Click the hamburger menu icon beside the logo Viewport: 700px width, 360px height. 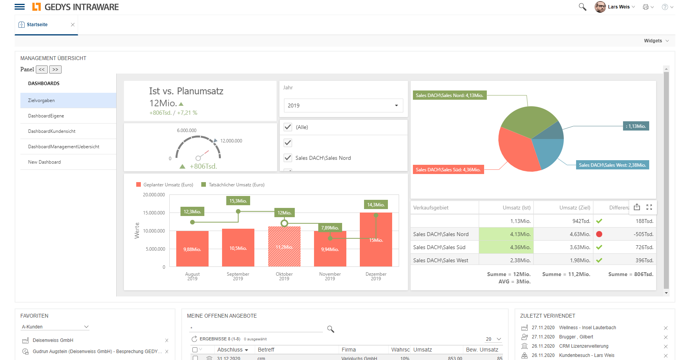point(20,7)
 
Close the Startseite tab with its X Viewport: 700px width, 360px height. point(73,25)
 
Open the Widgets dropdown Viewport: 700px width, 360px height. point(656,41)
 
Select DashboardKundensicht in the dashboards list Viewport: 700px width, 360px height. point(52,131)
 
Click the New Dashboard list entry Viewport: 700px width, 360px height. point(44,162)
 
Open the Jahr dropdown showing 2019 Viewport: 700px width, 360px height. point(343,105)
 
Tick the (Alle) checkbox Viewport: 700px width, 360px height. point(288,127)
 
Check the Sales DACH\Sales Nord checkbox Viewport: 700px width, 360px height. point(288,158)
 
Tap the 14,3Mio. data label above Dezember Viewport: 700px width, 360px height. point(376,205)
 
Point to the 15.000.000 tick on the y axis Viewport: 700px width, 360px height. point(154,213)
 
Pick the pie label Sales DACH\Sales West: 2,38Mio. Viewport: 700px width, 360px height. point(612,165)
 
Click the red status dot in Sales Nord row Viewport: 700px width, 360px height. point(599,234)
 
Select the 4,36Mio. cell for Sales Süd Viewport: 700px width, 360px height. point(506,247)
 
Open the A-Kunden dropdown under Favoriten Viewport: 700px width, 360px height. point(55,327)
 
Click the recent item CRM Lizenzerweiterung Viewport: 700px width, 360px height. point(583,346)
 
